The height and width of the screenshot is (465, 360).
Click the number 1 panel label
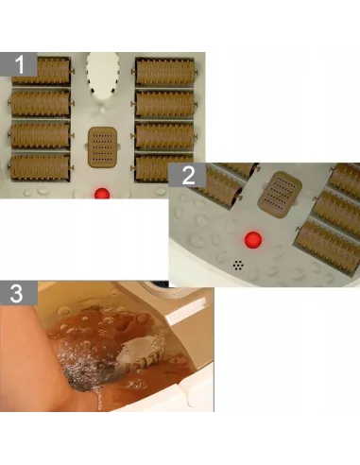tap(19, 64)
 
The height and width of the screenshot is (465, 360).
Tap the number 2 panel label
tap(187, 175)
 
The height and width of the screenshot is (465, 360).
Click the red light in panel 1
tap(102, 194)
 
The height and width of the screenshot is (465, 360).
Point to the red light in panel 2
tap(253, 240)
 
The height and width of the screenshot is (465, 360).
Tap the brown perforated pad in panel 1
tap(102, 147)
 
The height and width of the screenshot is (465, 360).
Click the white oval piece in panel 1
tap(103, 76)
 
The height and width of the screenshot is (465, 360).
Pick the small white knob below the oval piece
tap(102, 110)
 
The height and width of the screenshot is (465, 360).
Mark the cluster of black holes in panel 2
tap(238, 266)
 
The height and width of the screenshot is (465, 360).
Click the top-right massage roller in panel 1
tap(164, 72)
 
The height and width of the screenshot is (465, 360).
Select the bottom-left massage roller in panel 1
tap(40, 167)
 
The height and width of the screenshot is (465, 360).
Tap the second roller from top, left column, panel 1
tap(41, 103)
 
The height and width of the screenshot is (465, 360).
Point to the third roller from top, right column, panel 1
tap(164, 136)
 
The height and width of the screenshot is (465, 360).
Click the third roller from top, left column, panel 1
tap(41, 135)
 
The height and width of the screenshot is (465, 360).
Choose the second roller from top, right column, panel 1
tap(164, 104)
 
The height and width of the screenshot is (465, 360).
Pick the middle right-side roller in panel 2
tap(337, 212)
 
